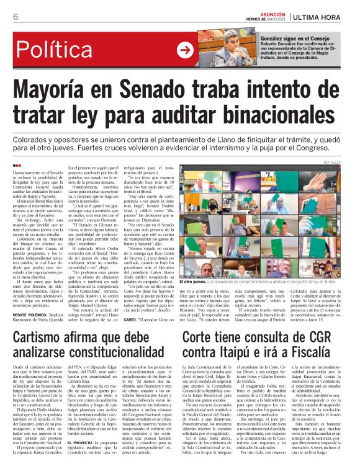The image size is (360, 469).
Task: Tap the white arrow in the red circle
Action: (x=185, y=50)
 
